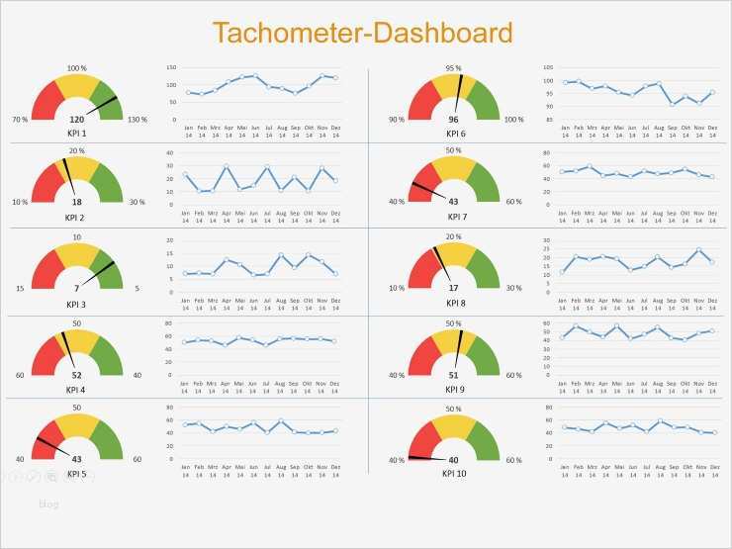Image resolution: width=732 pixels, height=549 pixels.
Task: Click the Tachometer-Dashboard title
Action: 362,34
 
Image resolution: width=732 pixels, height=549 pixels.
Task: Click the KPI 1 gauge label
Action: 76,134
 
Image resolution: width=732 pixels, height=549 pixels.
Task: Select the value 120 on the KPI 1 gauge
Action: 76,120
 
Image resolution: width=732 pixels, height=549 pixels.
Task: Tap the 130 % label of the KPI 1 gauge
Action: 137,120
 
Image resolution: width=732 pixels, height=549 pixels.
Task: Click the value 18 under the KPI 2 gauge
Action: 76,202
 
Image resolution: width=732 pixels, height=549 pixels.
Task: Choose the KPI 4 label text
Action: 76,390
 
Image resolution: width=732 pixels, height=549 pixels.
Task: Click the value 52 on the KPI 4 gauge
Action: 76,376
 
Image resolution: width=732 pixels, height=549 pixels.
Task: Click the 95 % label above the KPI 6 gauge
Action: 453,68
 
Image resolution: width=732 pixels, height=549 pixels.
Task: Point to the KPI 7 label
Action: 454,216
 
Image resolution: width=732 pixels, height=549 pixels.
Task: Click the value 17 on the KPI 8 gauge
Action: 454,288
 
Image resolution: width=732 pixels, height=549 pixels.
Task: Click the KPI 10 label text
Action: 456,473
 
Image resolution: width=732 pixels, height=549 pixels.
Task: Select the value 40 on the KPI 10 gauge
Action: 454,460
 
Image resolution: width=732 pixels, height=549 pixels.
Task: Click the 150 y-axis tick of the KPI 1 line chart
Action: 170,68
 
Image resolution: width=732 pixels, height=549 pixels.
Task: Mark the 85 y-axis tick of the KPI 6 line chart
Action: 548,119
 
